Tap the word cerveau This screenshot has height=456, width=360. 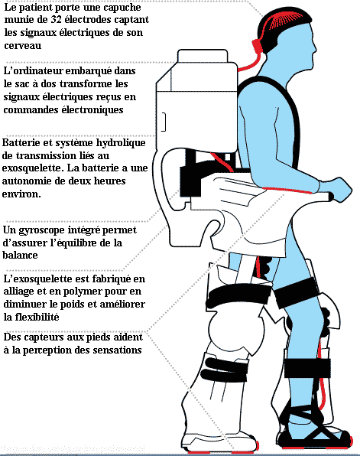coord(23,45)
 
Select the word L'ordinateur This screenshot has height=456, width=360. coord(33,71)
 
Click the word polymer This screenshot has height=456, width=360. coord(78,292)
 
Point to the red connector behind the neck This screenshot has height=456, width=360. coord(257,47)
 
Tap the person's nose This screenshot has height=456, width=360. coord(314,48)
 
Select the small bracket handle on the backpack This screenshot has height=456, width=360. coord(164,122)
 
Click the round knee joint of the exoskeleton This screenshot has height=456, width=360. coord(236,331)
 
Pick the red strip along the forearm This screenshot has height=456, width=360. coord(287,191)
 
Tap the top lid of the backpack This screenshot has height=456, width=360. coord(203,56)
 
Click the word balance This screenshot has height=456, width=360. coord(21,256)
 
